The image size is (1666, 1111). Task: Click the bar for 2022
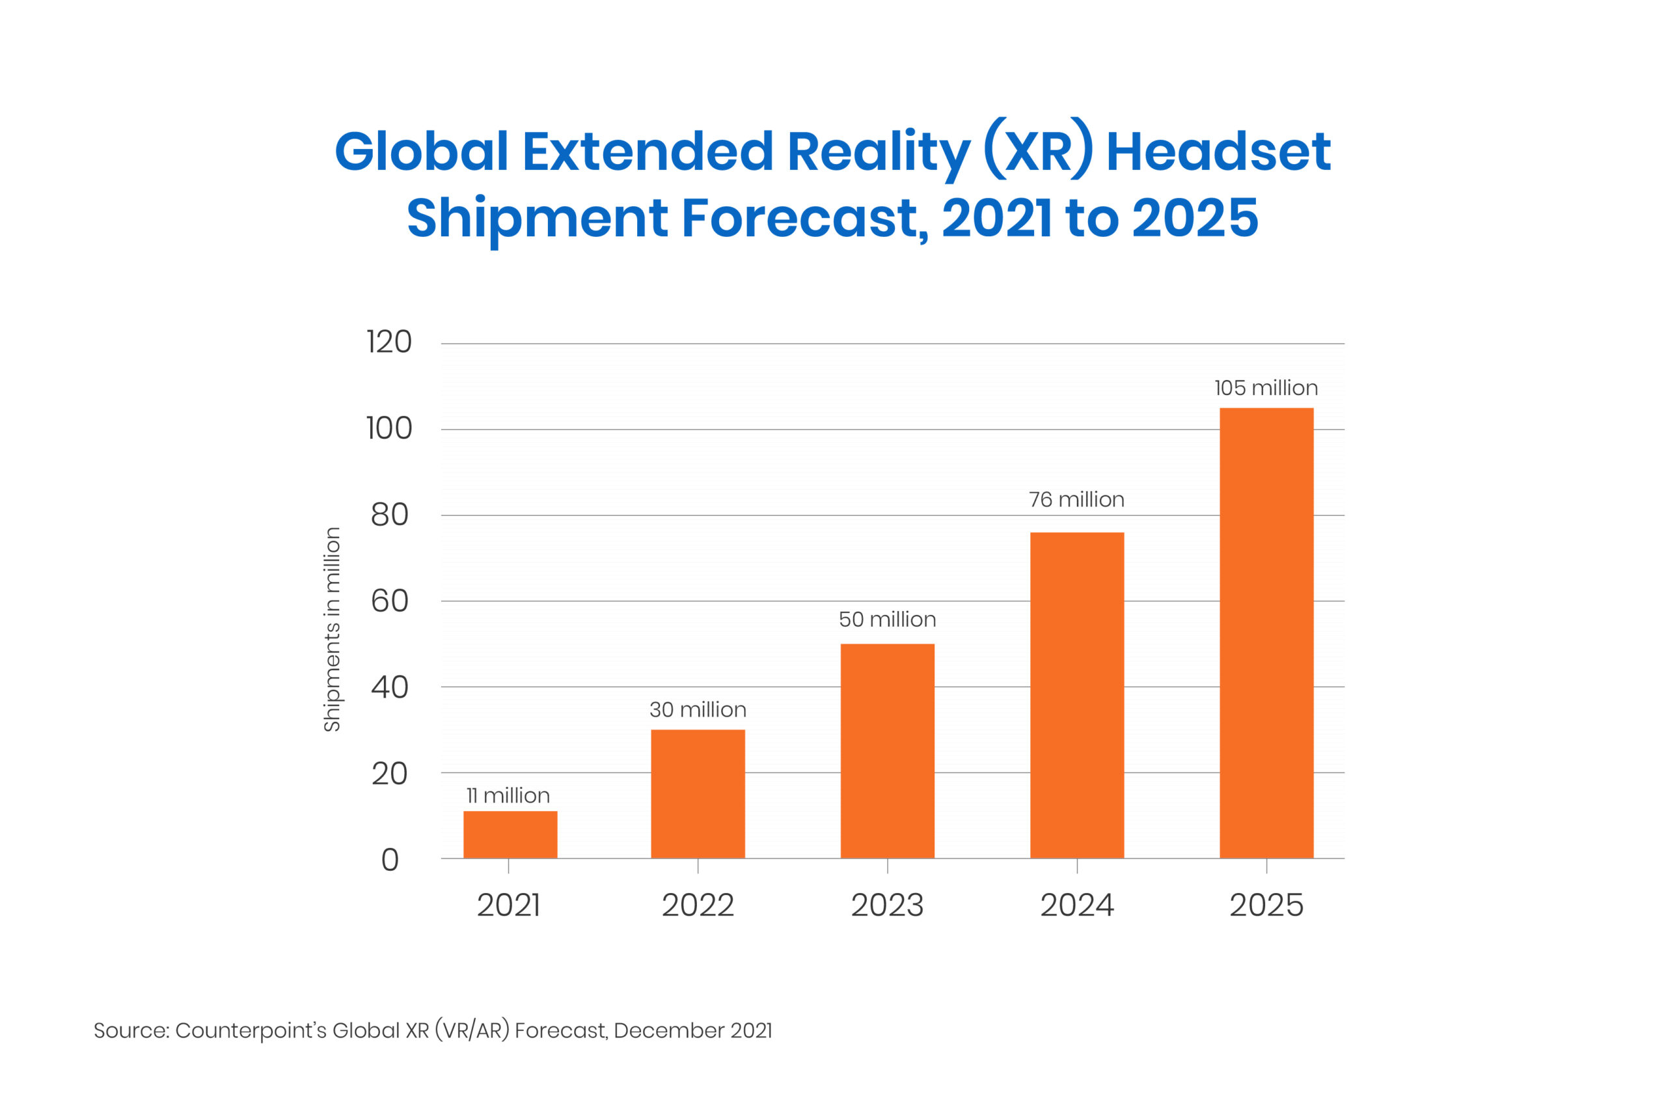tap(698, 793)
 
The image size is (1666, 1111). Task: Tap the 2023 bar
tap(887, 751)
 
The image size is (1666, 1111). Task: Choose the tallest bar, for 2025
tap(1266, 633)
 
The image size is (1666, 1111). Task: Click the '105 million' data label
tap(1266, 389)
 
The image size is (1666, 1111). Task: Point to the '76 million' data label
tap(1076, 501)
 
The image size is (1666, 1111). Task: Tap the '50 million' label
tap(887, 620)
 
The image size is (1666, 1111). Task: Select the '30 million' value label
tap(698, 710)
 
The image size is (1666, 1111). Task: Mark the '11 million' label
tap(508, 796)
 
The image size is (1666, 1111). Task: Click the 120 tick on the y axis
tap(389, 342)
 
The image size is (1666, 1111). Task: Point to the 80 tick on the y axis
tap(390, 515)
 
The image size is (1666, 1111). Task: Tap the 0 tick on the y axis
tap(390, 860)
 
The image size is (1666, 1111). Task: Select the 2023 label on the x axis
tap(887, 906)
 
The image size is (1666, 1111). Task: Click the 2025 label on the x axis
tap(1266, 906)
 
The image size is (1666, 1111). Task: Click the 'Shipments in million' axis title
tap(332, 629)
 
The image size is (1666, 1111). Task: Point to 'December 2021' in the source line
tap(692, 1030)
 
